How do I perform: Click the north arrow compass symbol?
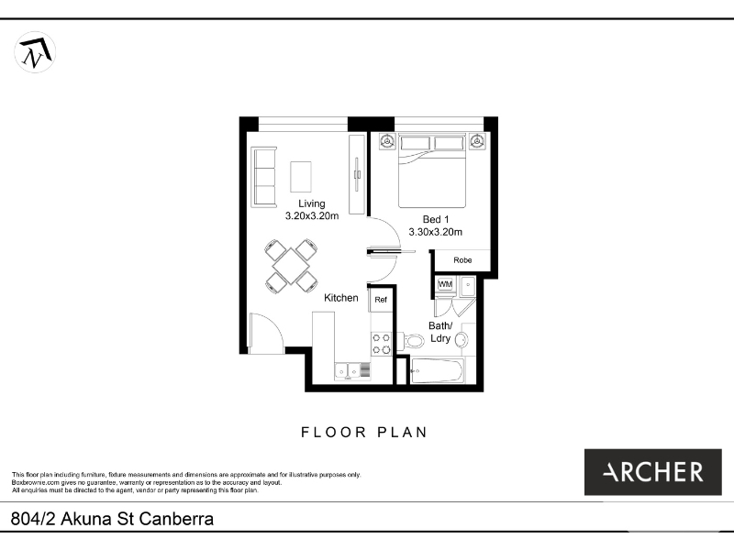pyautogui.click(x=35, y=52)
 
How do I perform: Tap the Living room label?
pyautogui.click(x=312, y=203)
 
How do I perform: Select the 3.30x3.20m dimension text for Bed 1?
pyautogui.click(x=435, y=232)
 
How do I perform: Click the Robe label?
pyautogui.click(x=462, y=260)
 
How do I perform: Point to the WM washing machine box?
pyautogui.click(x=445, y=284)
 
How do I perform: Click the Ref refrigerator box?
pyautogui.click(x=381, y=300)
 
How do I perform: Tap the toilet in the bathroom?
pyautogui.click(x=411, y=340)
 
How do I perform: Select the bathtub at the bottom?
pyautogui.click(x=438, y=371)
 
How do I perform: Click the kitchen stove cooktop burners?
pyautogui.click(x=382, y=344)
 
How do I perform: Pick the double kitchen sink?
pyautogui.click(x=348, y=371)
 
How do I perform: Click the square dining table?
pyautogui.click(x=291, y=266)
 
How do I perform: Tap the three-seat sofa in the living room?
pyautogui.click(x=264, y=177)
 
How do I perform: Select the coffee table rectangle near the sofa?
pyautogui.click(x=301, y=176)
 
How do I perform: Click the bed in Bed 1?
pyautogui.click(x=432, y=171)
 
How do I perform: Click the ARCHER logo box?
pyautogui.click(x=653, y=472)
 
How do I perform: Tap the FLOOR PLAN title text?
pyautogui.click(x=364, y=432)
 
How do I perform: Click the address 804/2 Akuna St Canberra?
pyautogui.click(x=112, y=519)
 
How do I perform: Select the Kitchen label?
pyautogui.click(x=340, y=298)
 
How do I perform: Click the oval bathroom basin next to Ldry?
pyautogui.click(x=462, y=339)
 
